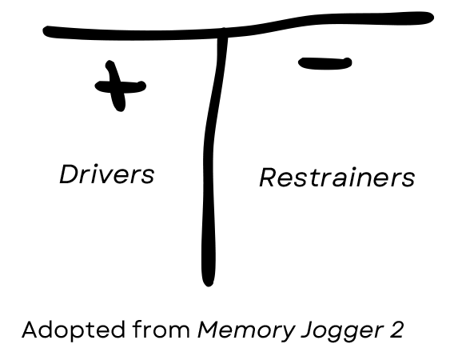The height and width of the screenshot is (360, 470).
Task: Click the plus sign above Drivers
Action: point(120,86)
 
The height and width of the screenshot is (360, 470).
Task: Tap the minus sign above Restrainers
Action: point(325,63)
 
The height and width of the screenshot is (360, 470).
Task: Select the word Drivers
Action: point(106,174)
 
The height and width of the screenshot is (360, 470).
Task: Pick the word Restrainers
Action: point(337,178)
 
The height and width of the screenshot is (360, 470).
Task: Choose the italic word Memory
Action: point(243,330)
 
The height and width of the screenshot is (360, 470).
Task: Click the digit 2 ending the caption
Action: point(396,329)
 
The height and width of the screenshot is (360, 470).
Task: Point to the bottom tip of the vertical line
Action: point(208,280)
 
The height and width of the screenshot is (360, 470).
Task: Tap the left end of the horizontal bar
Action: point(48,32)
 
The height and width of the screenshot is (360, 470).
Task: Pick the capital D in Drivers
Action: point(67,174)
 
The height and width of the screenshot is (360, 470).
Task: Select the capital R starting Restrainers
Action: point(267,178)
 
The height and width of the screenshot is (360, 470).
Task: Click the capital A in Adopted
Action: point(30,329)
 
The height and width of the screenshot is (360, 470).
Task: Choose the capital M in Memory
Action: point(207,329)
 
